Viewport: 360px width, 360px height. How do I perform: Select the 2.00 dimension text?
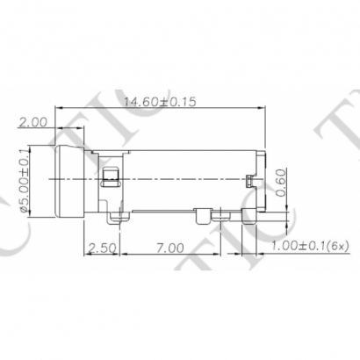(x=32, y=123)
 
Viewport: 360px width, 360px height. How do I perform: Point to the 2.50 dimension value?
(x=104, y=248)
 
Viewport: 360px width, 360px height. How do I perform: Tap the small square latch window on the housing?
(x=109, y=179)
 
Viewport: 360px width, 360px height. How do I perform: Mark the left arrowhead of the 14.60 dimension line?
(x=60, y=109)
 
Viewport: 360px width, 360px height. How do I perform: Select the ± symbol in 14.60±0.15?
(x=170, y=102)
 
